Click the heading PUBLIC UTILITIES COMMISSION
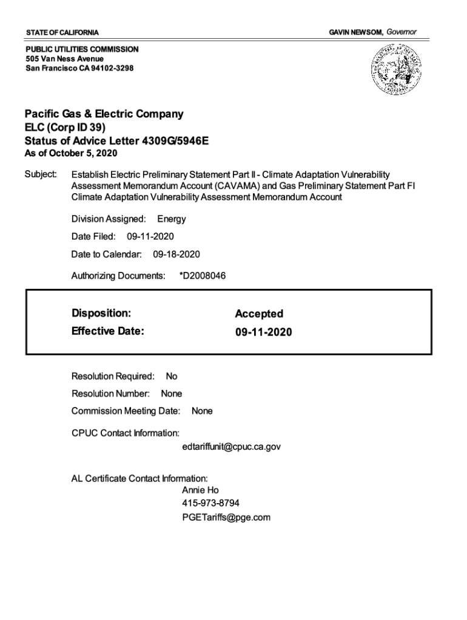point(82,49)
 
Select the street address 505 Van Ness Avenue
point(64,59)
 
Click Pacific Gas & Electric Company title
point(104,114)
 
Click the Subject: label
point(41,174)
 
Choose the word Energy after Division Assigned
point(172,219)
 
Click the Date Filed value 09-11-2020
point(154,236)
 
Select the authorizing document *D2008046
point(203,276)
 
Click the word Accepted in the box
point(259,314)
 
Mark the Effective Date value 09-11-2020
point(263,332)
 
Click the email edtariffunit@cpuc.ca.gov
point(231,447)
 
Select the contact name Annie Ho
point(200,490)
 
